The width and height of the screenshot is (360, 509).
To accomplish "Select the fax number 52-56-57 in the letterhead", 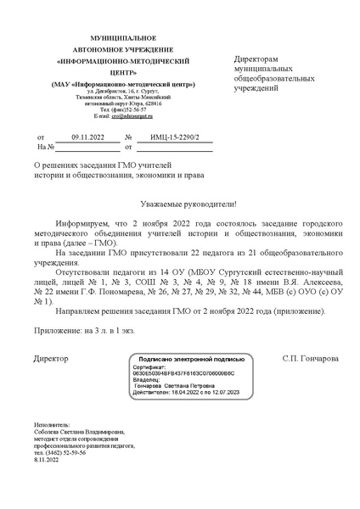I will point(135,109).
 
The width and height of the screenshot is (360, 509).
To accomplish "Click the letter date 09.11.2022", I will point(87,137).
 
